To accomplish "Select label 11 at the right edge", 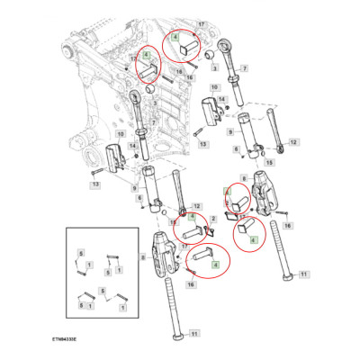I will [x=303, y=274].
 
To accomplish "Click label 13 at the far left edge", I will [x=94, y=186].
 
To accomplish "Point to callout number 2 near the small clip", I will [x=213, y=220].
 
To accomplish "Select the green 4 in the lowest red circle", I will [x=214, y=264].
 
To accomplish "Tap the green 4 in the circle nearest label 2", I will [x=192, y=217].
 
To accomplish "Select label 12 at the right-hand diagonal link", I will [x=293, y=142].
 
